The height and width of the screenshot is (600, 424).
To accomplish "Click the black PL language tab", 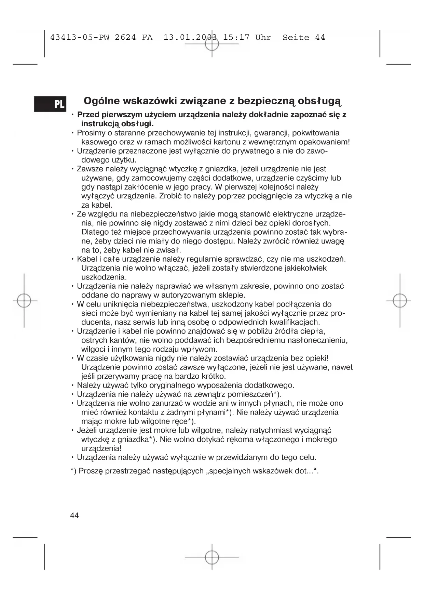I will click(x=50, y=104).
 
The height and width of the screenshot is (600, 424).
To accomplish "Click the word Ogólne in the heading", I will click(x=101, y=101).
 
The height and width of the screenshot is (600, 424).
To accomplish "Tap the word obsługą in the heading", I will click(x=319, y=101).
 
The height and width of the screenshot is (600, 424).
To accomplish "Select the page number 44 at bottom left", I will click(x=74, y=515).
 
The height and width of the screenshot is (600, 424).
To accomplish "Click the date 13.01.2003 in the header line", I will click(x=190, y=38).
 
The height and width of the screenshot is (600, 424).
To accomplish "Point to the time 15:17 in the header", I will click(x=236, y=38).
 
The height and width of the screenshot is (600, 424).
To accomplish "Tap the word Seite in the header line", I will click(x=296, y=38).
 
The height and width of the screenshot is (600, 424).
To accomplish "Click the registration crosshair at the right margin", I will click(x=400, y=301).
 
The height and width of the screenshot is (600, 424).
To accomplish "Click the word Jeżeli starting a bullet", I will click(x=87, y=430).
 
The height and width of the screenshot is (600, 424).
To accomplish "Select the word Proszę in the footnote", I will click(x=91, y=471).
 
